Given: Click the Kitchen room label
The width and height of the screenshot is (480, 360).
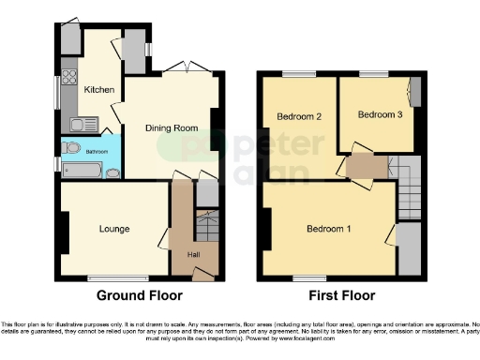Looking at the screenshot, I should click(99, 90).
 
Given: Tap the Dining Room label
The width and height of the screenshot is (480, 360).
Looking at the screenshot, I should click(170, 128).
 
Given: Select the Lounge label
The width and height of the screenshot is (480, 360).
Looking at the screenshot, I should click(114, 229).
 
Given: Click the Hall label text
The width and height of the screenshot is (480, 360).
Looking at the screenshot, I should click(192, 254).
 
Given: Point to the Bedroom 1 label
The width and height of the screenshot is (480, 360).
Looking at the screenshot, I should click(329, 229).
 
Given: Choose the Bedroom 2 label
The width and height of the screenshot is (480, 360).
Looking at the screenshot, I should click(299, 116).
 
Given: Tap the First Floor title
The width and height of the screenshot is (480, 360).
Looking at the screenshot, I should click(341, 295).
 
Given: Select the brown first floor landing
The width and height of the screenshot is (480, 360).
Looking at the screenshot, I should click(366, 168).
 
